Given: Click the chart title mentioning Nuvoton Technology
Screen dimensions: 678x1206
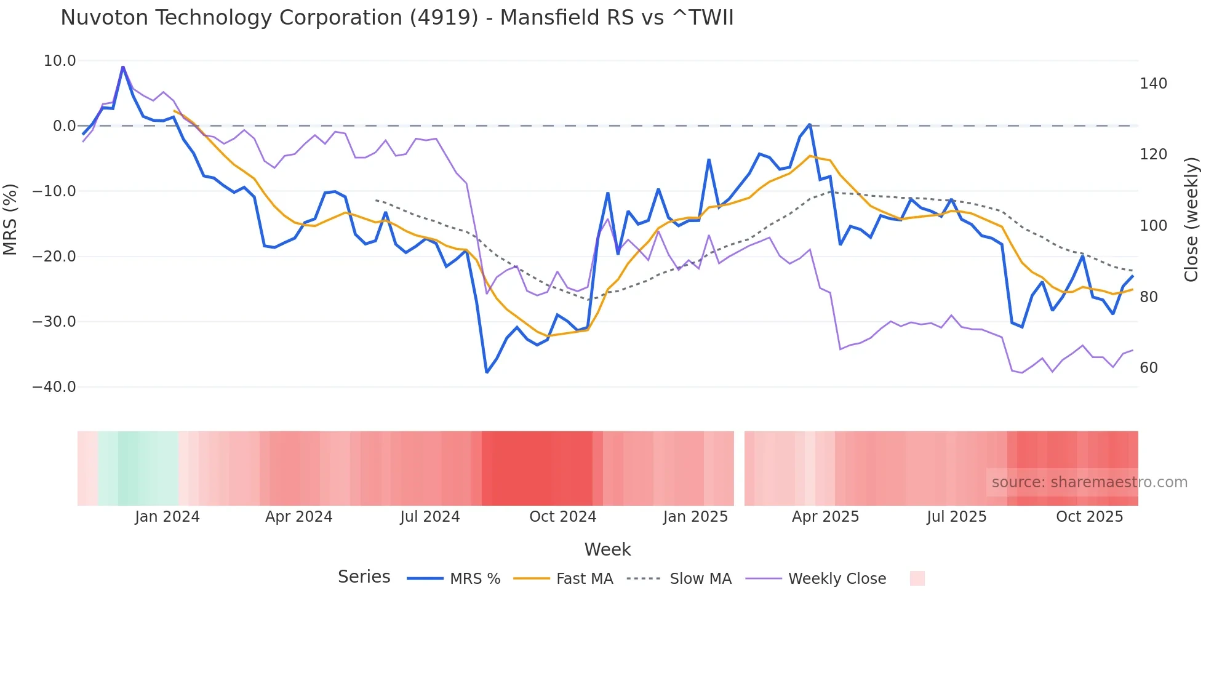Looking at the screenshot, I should (397, 18).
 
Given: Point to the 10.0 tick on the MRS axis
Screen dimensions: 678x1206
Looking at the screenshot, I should (60, 61).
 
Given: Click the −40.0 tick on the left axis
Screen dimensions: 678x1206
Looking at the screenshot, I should (54, 387).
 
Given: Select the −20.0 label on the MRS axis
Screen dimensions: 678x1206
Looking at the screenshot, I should (54, 257).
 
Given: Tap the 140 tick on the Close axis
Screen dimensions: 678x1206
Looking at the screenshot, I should (1153, 84).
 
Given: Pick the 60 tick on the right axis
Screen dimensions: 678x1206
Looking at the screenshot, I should (1149, 368).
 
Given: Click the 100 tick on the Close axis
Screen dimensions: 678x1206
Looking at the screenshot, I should (1153, 226).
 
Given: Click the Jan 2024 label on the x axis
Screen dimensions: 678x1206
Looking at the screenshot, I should (167, 517).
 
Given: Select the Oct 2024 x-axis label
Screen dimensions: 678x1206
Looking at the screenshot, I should (563, 517).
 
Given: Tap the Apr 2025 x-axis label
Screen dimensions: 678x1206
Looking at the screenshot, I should (825, 517).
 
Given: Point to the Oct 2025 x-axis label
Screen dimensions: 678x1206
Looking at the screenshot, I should (1089, 517).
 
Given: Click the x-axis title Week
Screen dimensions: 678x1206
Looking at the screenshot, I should (607, 549).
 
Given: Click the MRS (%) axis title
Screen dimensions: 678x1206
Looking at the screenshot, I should (10, 220).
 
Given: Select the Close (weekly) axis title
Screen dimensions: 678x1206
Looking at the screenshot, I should (1191, 220).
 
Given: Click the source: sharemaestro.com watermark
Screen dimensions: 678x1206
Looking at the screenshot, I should (1089, 482).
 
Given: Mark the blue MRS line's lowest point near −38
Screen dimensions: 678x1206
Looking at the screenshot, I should (487, 372).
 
